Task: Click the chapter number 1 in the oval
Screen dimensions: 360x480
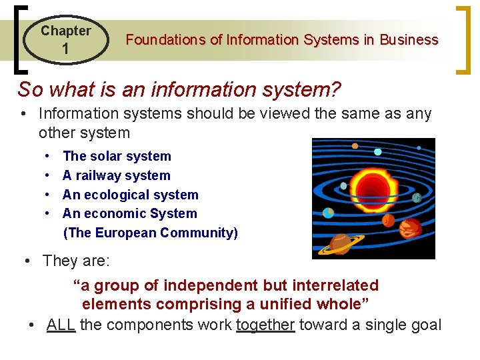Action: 65,49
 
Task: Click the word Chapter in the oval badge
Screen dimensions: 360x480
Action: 65,31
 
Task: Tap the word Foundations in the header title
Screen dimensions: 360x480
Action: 165,40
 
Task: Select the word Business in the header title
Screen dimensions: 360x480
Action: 409,40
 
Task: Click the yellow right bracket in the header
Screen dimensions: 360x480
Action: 462,40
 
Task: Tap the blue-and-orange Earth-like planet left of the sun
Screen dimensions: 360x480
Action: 328,213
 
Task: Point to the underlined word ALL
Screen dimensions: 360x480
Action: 61,325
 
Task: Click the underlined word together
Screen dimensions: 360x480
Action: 265,325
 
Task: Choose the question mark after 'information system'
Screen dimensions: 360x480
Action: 335,89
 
